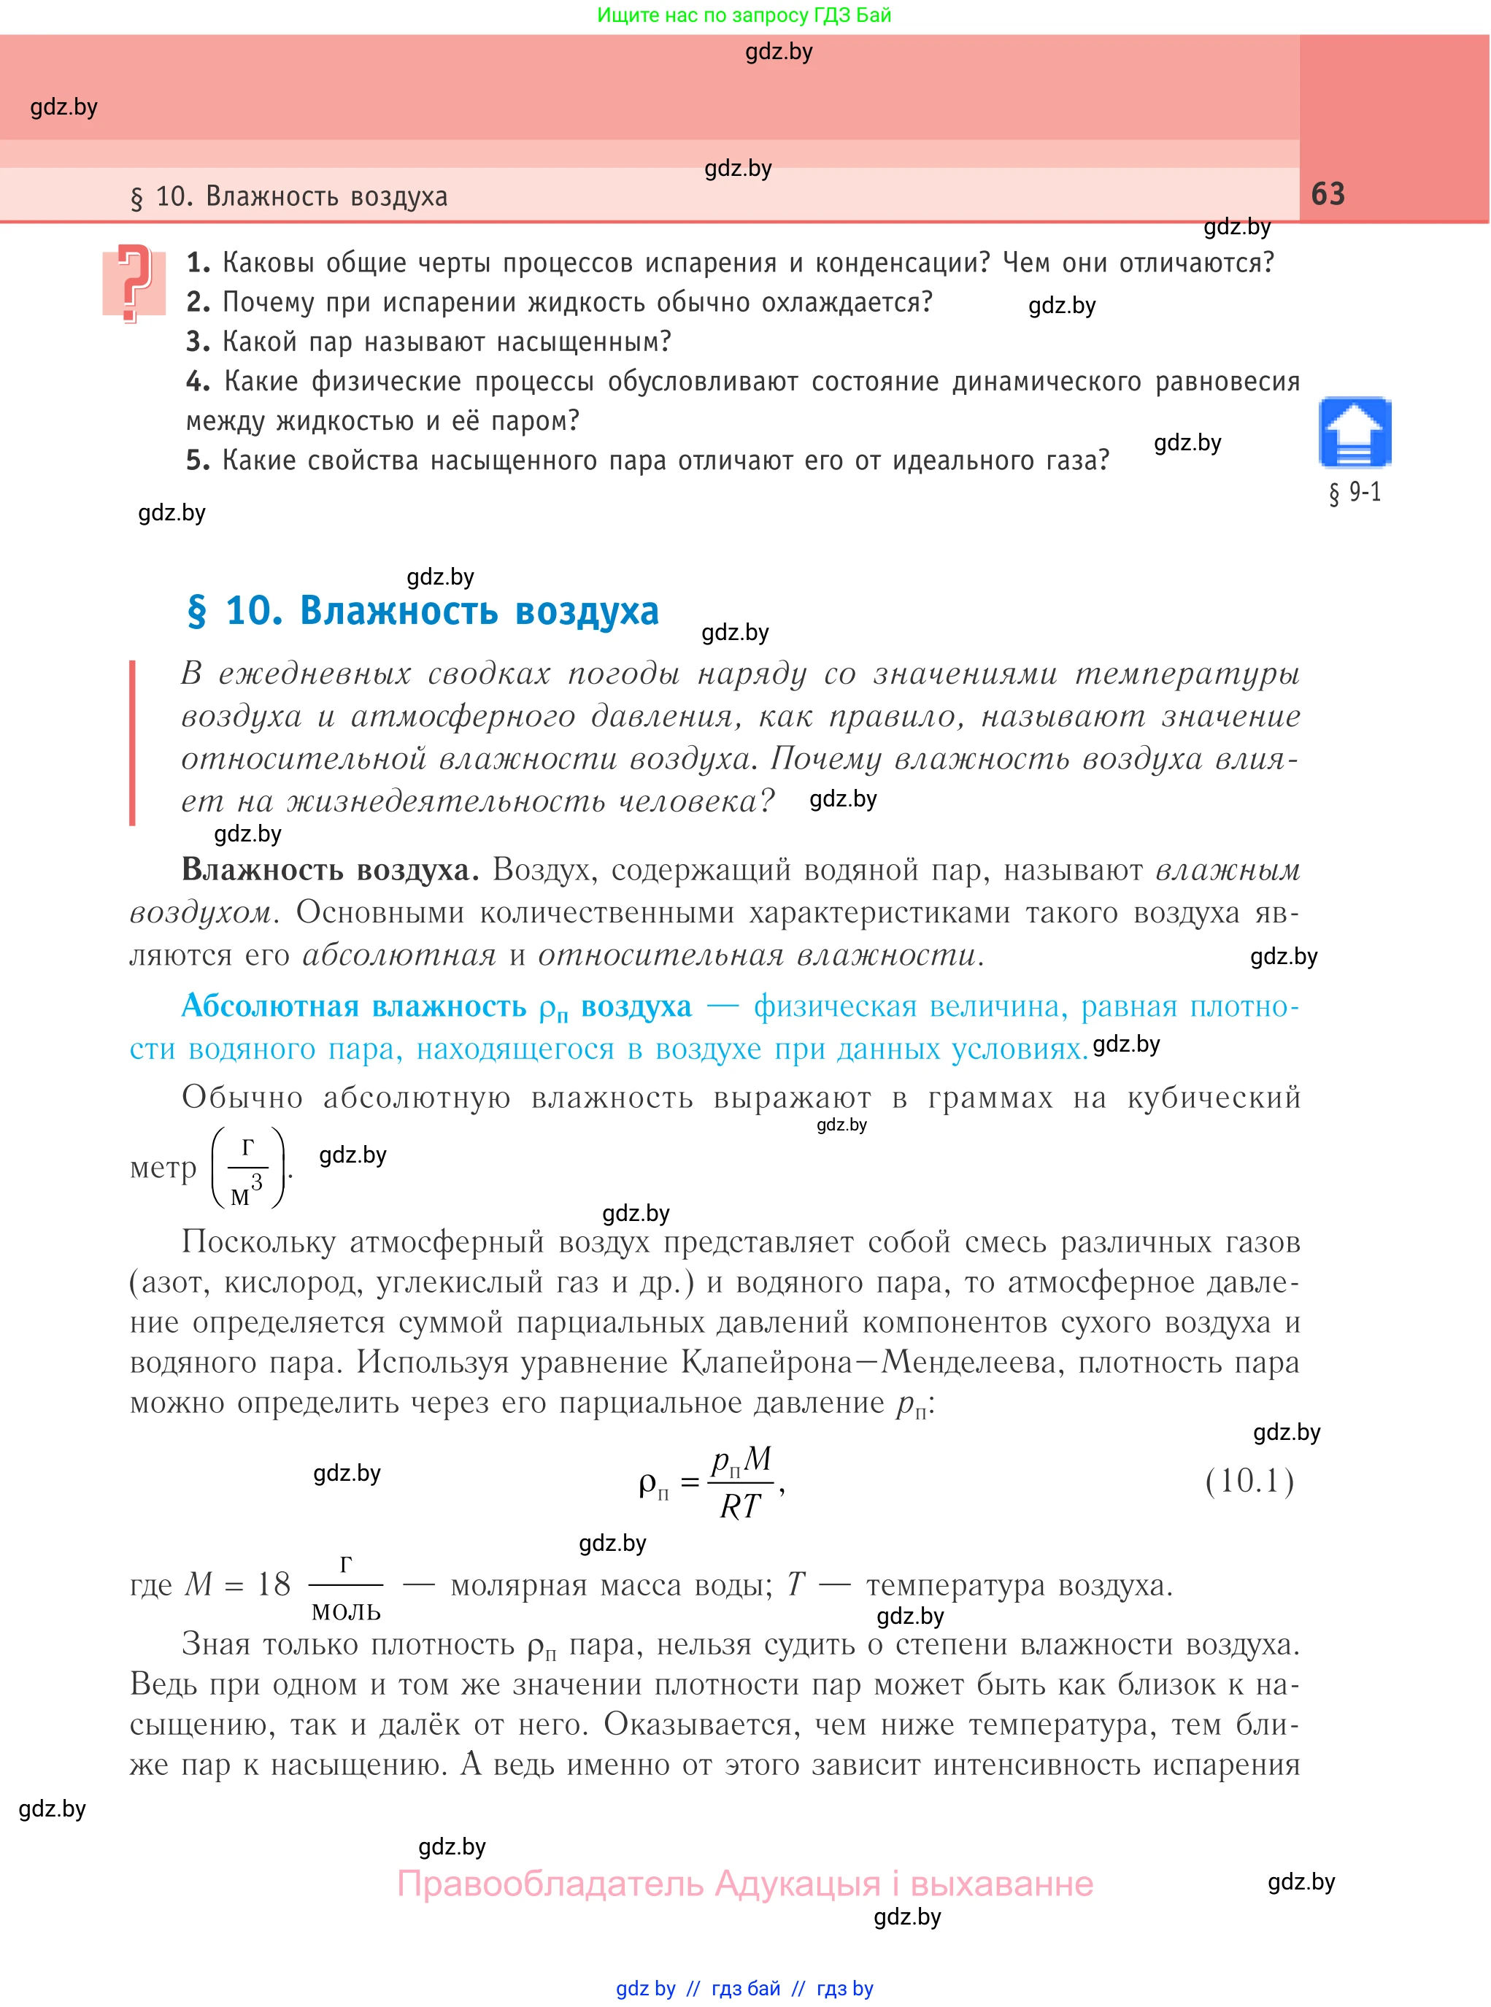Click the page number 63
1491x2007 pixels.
(x=1327, y=194)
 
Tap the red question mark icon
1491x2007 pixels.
(x=134, y=282)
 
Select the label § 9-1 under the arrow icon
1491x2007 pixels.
(x=1354, y=493)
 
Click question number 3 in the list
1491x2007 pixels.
(x=198, y=342)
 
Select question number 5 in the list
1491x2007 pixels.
(x=198, y=461)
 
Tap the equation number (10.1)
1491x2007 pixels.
(x=1249, y=1481)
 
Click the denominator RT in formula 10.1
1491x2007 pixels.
(x=740, y=1506)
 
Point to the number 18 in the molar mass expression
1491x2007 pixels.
(x=274, y=1584)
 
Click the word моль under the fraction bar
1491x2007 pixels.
(x=346, y=1610)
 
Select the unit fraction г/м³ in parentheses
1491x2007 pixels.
(x=248, y=1168)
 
